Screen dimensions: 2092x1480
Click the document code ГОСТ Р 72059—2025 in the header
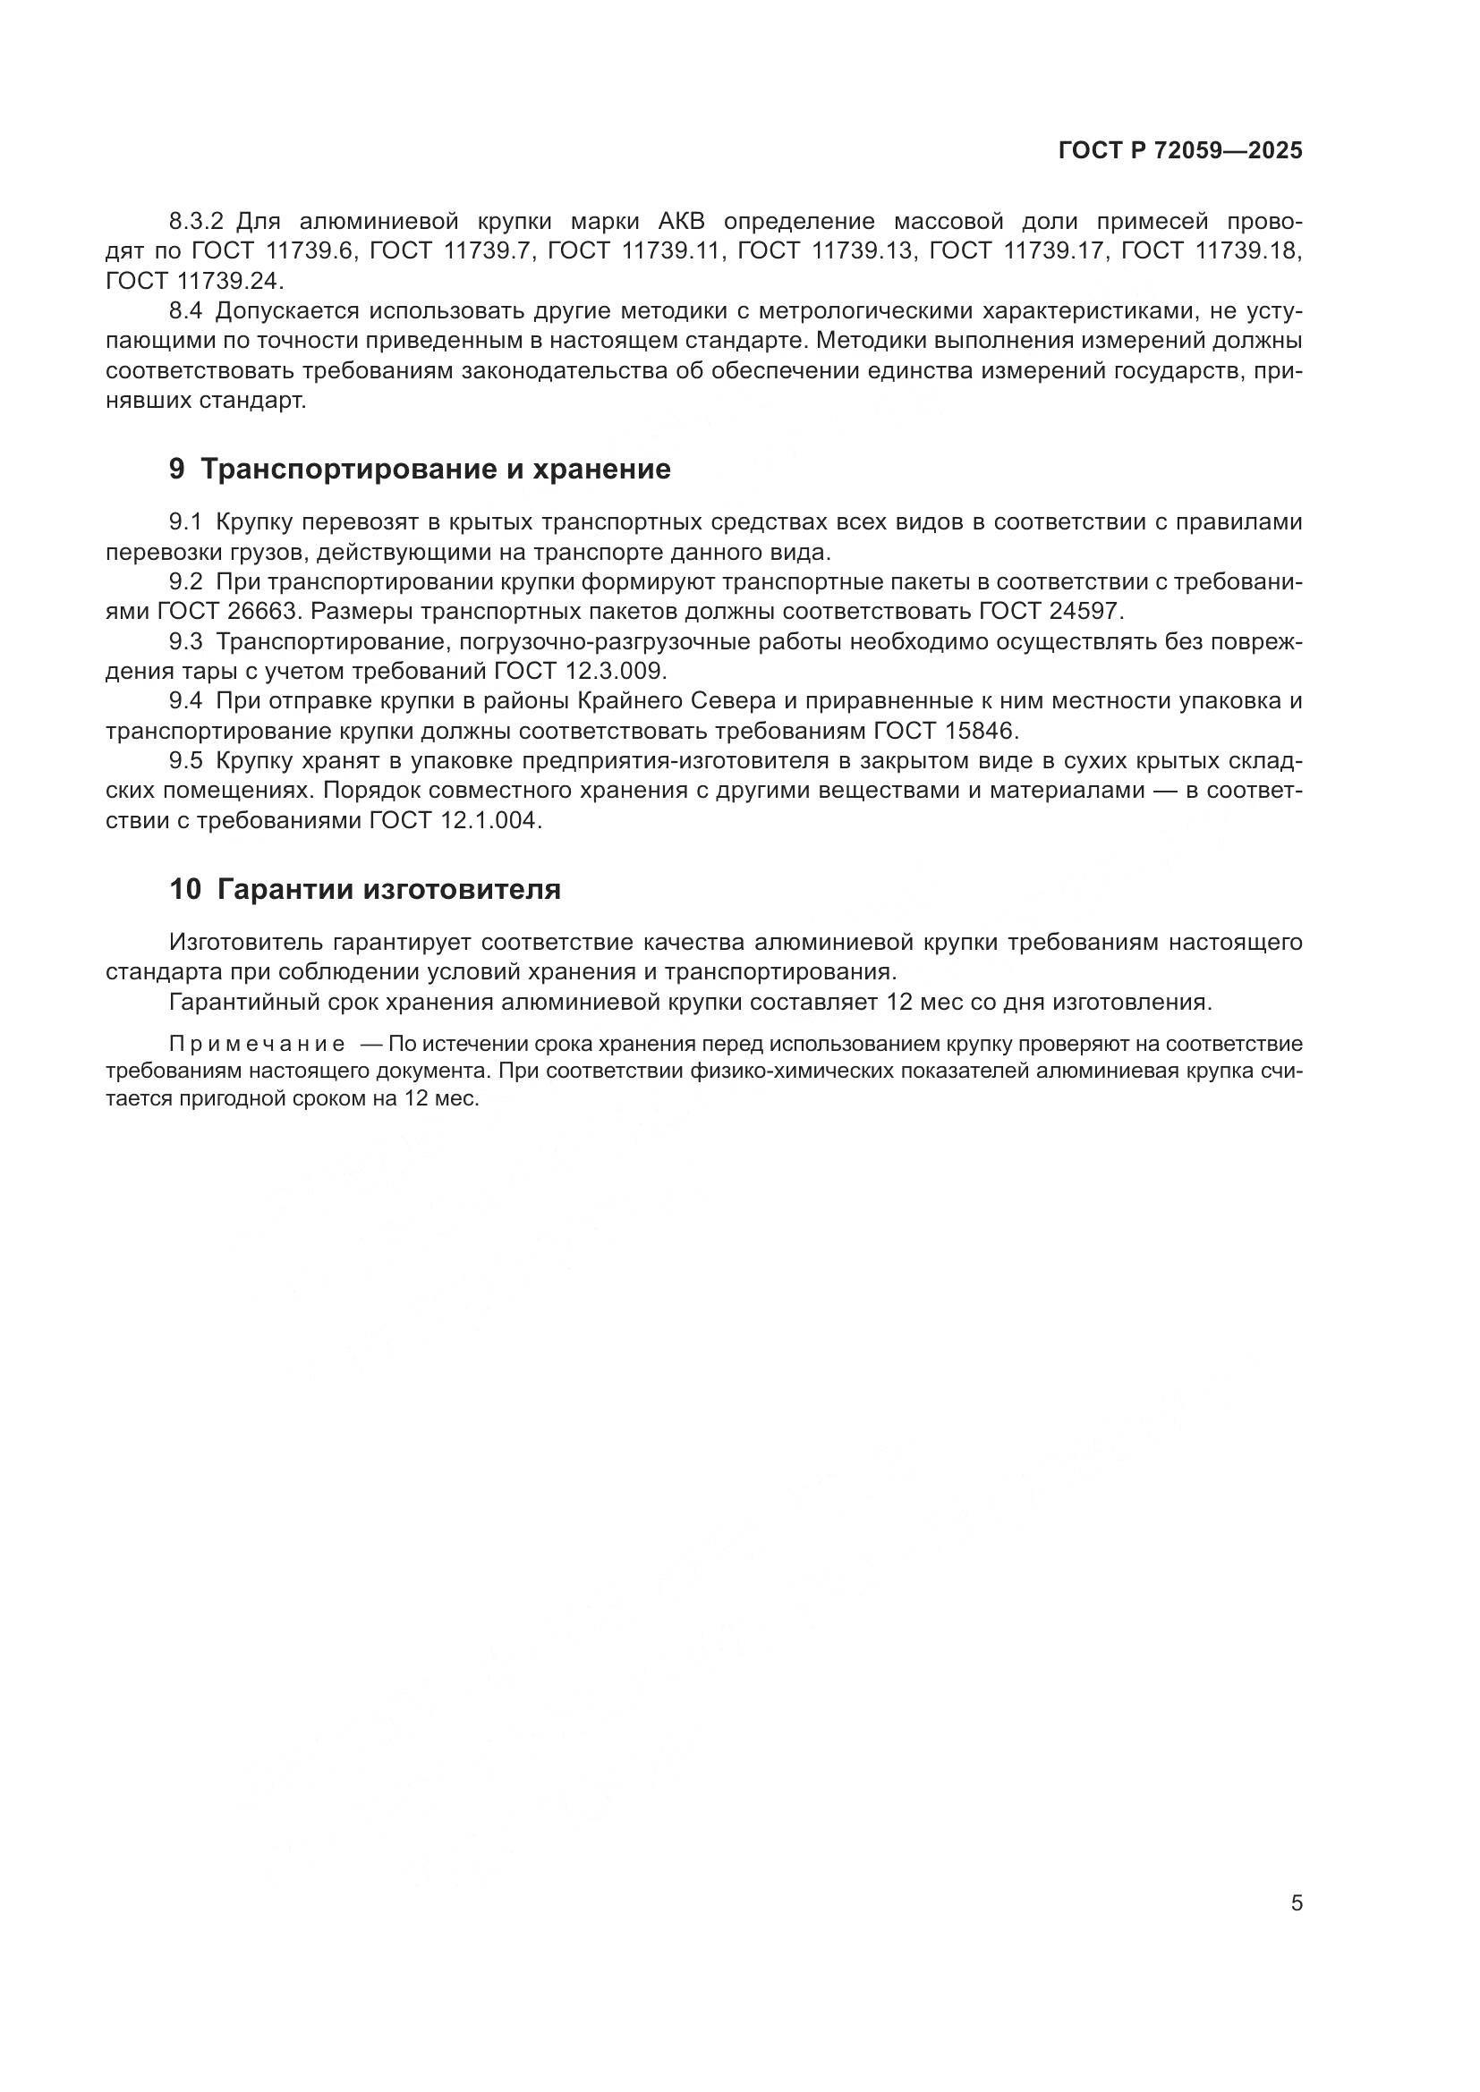(1180, 151)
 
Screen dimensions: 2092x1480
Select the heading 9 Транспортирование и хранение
(421, 470)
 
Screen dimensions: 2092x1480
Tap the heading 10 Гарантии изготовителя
(364, 889)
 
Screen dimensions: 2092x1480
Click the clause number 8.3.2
(196, 222)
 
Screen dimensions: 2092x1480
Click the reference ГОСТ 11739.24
(195, 281)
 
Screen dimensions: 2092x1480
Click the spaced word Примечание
(257, 1044)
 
